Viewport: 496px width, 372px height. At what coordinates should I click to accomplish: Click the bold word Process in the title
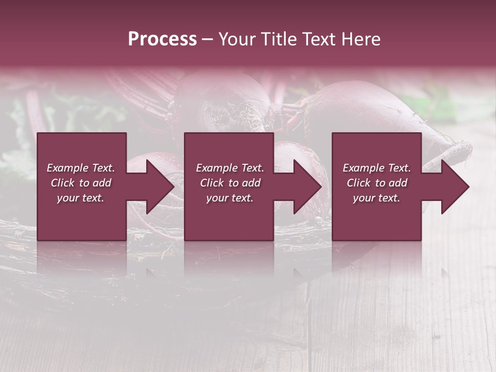point(162,39)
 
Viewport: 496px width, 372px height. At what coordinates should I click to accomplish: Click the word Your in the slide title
point(237,39)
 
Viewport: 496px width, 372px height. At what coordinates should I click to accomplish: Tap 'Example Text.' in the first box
point(81,168)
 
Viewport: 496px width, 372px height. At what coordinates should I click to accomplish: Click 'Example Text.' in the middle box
point(230,168)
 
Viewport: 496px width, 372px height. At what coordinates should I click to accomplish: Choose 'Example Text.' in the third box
point(377,168)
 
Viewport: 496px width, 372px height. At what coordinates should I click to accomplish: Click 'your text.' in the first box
point(81,198)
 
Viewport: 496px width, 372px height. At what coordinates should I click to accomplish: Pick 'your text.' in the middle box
point(230,198)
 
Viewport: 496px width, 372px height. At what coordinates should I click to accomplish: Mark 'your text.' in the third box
point(377,198)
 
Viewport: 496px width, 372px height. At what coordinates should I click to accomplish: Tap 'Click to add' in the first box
point(81,183)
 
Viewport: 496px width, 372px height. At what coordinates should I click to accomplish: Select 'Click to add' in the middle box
point(230,183)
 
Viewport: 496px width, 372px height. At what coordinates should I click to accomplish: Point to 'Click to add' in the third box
point(377,183)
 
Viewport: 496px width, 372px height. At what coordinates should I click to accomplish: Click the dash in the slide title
point(207,39)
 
